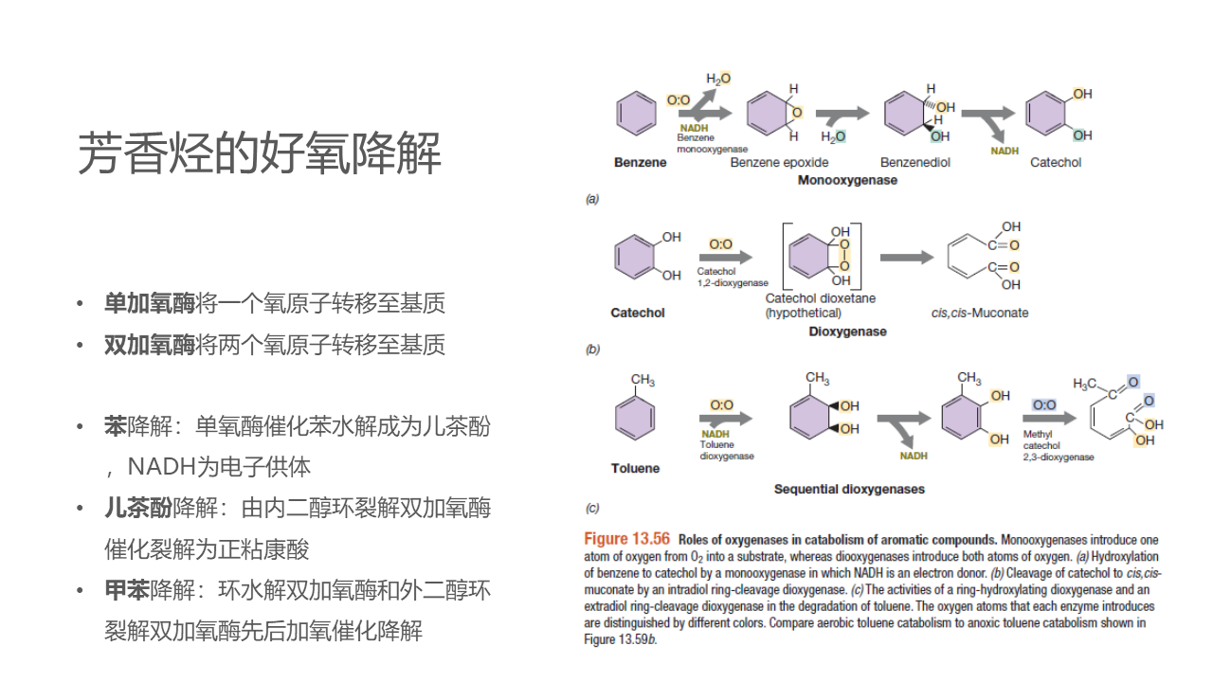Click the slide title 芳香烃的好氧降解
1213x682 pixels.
tap(259, 153)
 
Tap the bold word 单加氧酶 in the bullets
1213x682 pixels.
tap(149, 303)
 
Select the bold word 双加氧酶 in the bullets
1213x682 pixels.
tap(149, 345)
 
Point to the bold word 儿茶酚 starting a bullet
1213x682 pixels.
tap(138, 509)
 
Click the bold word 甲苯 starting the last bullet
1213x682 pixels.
tap(127, 590)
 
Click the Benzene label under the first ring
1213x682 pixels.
tap(640, 162)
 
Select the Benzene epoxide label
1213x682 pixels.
tap(780, 162)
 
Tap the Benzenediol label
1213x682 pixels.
tap(914, 162)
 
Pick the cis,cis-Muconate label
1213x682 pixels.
tap(979, 313)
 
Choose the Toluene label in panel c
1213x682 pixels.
tap(635, 468)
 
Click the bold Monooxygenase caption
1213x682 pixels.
tap(847, 180)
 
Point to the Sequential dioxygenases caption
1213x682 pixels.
tap(849, 489)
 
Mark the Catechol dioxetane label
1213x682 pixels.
tap(821, 298)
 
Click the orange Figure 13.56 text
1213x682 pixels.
tap(626, 539)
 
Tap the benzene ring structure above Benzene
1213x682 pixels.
tap(636, 116)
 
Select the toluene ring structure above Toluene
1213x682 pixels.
tap(635, 417)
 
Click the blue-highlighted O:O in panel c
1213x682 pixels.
tap(1043, 404)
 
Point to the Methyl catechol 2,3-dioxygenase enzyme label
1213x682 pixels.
tap(1058, 445)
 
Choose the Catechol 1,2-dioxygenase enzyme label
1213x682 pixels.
tap(733, 277)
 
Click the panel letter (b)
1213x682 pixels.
tap(592, 350)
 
